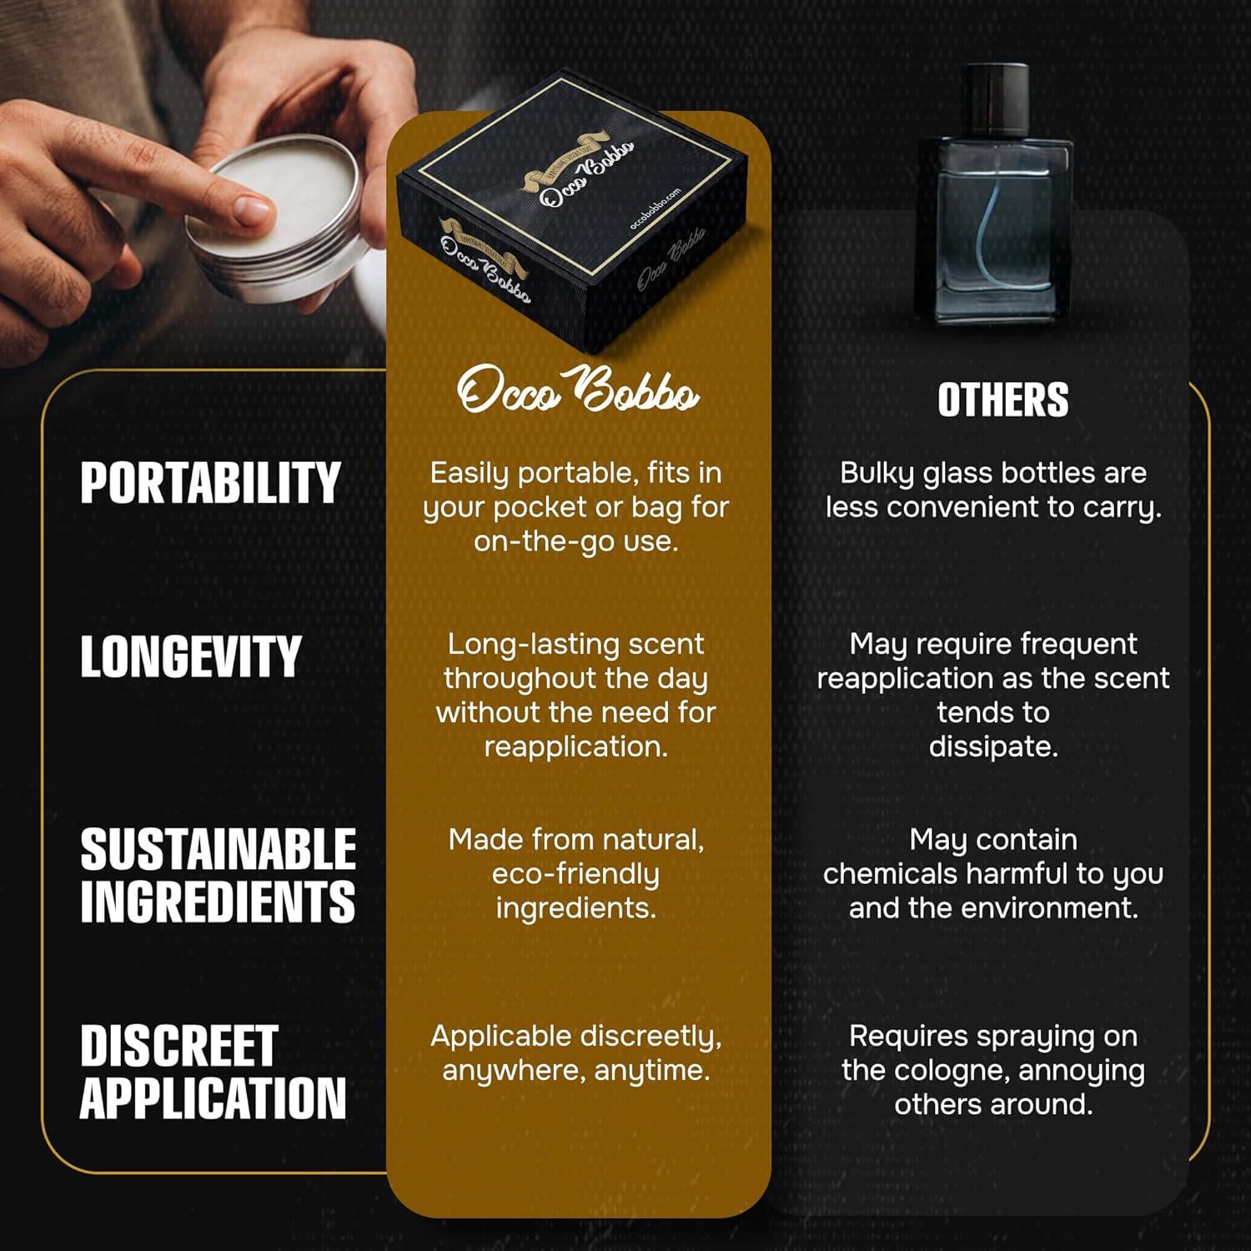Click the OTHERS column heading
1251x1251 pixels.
coord(1002,399)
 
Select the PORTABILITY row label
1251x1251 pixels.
coord(210,483)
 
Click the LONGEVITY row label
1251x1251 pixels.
coord(190,656)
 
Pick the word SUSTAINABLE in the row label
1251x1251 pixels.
coord(218,850)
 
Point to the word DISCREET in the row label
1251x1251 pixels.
coord(178,1046)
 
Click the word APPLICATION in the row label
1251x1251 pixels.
coord(213,1097)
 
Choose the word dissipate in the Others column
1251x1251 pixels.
coord(993,746)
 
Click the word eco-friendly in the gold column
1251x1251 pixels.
coord(575,874)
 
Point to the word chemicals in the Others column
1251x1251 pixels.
coord(890,874)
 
